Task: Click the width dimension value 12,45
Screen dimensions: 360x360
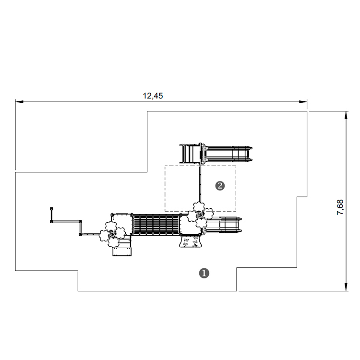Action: (153, 96)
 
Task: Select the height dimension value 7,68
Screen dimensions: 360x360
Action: (340, 207)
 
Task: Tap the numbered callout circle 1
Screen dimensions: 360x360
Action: (204, 273)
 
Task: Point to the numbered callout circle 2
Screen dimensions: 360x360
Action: (220, 186)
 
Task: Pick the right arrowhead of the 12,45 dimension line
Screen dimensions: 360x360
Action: (303, 102)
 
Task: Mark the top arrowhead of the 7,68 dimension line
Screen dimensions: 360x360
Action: (346, 115)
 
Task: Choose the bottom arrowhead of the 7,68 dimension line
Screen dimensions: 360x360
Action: (346, 287)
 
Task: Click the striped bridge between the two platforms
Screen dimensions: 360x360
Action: (156, 225)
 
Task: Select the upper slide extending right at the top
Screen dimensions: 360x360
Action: (227, 154)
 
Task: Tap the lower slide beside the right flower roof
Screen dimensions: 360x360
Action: (224, 224)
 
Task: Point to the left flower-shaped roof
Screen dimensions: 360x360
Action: (113, 234)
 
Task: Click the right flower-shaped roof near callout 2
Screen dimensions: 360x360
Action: (200, 215)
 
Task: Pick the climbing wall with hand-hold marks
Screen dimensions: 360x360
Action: (191, 241)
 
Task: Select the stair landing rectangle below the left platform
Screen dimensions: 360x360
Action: (122, 252)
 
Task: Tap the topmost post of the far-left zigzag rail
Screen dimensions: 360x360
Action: (52, 209)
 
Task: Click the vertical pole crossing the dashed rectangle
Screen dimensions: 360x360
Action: (200, 184)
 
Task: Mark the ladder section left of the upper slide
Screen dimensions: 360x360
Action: (190, 154)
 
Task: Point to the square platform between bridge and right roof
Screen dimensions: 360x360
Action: (191, 225)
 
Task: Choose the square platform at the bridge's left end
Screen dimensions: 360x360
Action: (122, 225)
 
